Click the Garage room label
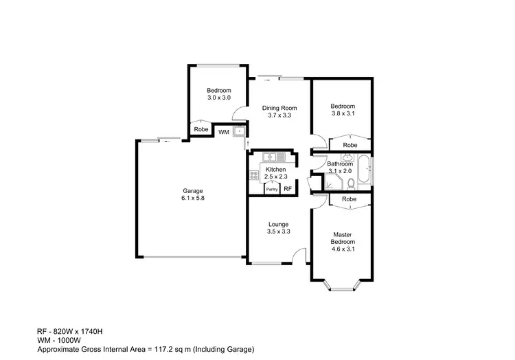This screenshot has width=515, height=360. pos(192,191)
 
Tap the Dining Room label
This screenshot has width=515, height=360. pos(279,108)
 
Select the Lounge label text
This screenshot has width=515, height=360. pos(278,225)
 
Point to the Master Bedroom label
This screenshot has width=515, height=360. pos(343,238)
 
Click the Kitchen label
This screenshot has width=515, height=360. pos(275,170)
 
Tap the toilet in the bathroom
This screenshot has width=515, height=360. pos(351,182)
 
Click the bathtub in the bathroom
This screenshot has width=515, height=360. pos(366,170)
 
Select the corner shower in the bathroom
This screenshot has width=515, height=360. pos(332,182)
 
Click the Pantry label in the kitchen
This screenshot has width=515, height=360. pos(271,189)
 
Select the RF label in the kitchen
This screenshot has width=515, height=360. pos(288,189)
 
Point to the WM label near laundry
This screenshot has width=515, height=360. pos(223,132)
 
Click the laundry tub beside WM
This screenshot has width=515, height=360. pos(238,131)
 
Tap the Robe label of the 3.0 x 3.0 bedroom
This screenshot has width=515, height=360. pos(201,129)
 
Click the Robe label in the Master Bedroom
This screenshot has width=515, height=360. pos(350,199)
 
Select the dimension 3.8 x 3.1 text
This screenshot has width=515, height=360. pos(343,114)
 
